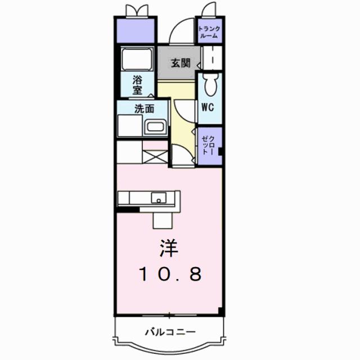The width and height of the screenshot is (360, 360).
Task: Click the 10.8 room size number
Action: click(169, 275)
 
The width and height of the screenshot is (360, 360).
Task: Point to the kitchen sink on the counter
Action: click(160, 198)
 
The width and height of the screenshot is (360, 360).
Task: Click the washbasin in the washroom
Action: click(155, 127)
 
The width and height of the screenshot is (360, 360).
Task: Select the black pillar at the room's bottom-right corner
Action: click(220, 311)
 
